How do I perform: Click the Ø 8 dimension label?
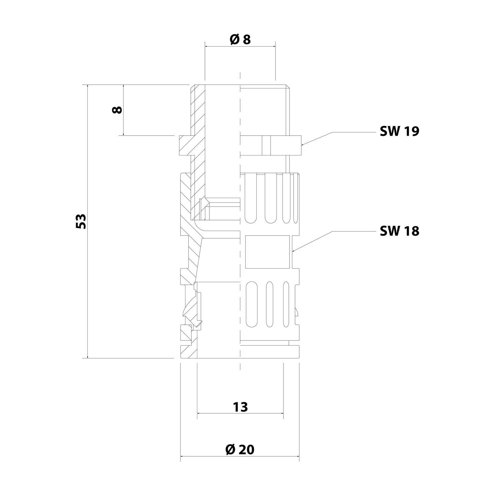[x=240, y=40]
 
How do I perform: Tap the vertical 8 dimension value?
[x=117, y=110]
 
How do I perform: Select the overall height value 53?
[x=81, y=221]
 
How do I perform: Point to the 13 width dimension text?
[x=240, y=407]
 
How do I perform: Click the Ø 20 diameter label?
[x=240, y=449]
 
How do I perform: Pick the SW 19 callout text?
[x=399, y=131]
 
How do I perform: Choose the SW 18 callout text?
[x=399, y=231]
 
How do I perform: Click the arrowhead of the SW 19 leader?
[x=303, y=144]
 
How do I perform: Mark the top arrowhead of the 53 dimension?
[x=87, y=86]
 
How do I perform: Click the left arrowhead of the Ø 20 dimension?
[x=182, y=457]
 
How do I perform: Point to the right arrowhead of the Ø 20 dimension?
[x=297, y=457]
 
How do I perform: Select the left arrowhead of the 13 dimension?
[x=199, y=413]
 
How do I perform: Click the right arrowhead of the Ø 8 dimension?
[x=274, y=47]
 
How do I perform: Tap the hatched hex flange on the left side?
[x=185, y=145]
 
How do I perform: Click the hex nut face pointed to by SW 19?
[x=286, y=145]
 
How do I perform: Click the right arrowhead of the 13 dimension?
[x=281, y=413]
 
